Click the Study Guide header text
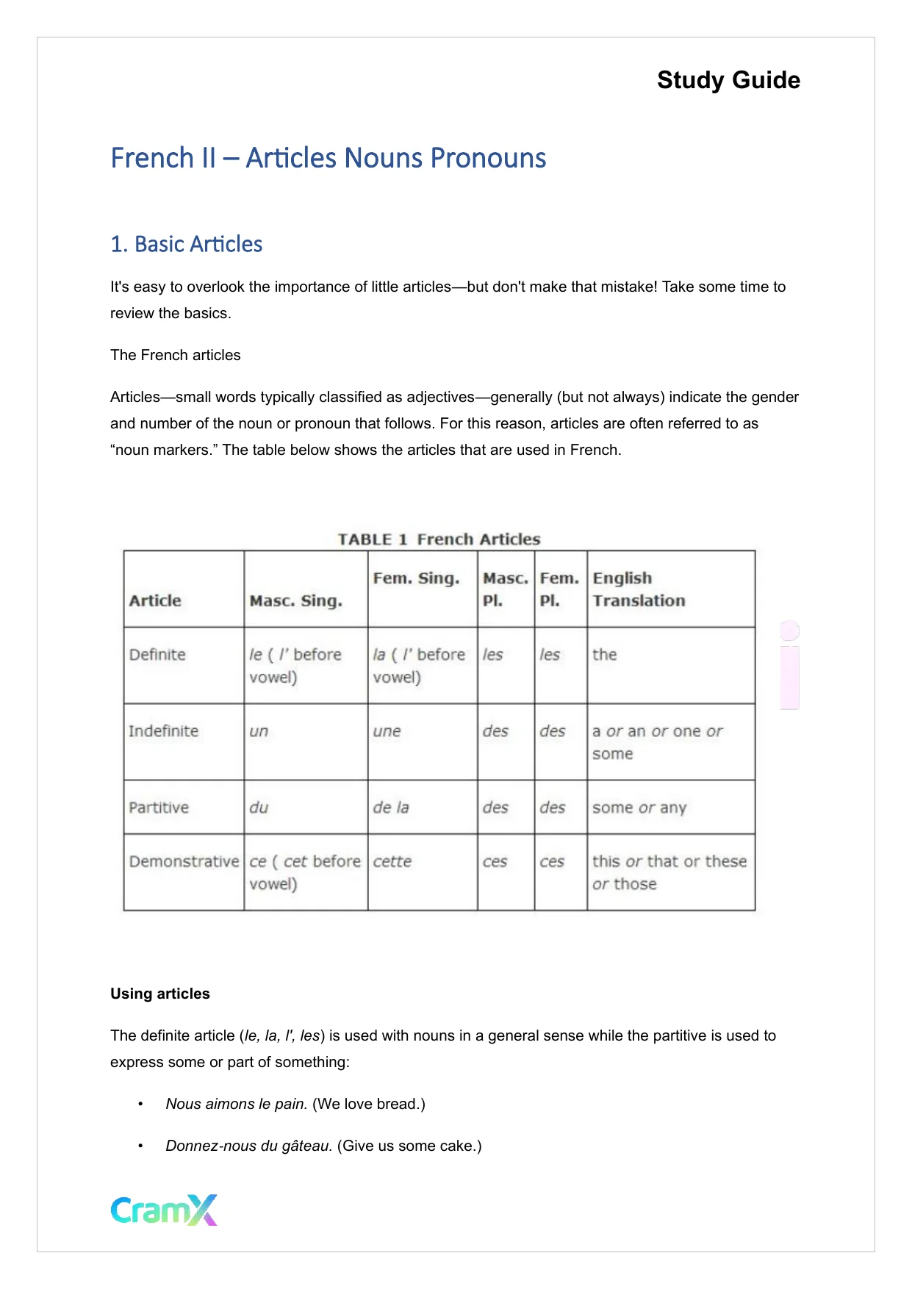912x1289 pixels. point(728,80)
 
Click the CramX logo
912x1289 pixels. point(164,1210)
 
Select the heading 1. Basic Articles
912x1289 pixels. point(186,244)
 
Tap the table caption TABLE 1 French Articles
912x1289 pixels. point(439,539)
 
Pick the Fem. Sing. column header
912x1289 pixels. point(416,578)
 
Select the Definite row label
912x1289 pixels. point(157,655)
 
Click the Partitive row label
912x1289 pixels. point(159,808)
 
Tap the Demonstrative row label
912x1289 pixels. point(184,861)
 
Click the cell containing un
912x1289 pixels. point(259,731)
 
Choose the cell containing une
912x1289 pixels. point(387,731)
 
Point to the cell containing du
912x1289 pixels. point(259,808)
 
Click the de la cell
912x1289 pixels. point(391,808)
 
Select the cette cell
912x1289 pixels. point(392,861)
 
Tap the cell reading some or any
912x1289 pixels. point(639,808)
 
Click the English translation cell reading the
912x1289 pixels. point(605,655)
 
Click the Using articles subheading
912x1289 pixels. point(160,994)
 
